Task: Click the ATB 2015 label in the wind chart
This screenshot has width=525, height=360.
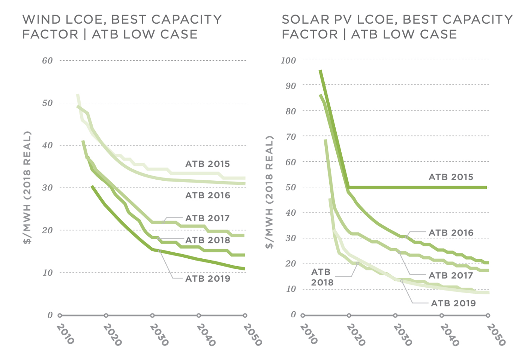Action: pyautogui.click(x=207, y=164)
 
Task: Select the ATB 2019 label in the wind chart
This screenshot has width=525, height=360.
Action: pyautogui.click(x=207, y=279)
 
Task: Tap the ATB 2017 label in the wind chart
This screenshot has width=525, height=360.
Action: pyautogui.click(x=207, y=218)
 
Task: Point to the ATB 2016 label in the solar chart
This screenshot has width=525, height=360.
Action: pyautogui.click(x=451, y=233)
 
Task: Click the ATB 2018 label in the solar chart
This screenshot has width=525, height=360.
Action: pyautogui.click(x=321, y=277)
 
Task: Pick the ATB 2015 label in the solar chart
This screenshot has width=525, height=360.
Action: pyautogui.click(x=451, y=177)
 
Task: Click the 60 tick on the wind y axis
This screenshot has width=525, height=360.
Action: pyautogui.click(x=47, y=61)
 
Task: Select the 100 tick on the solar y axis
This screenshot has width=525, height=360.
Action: pyautogui.click(x=288, y=60)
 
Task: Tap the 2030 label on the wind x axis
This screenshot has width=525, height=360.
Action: pyautogui.click(x=159, y=334)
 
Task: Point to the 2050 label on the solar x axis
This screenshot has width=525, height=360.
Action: pyautogui.click(x=496, y=334)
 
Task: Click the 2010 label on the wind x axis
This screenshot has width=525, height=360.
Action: pyautogui.click(x=65, y=334)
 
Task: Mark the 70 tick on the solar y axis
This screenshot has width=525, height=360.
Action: pyautogui.click(x=290, y=137)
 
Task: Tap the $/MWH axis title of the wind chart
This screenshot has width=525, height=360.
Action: pyautogui.click(x=27, y=187)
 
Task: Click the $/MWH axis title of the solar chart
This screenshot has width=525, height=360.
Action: pyautogui.click(x=269, y=192)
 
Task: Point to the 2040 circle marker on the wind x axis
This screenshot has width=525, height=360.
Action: pyautogui.click(x=199, y=315)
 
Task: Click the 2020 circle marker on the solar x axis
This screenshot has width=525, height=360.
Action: pyautogui.click(x=349, y=315)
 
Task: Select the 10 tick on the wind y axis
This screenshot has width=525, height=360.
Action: pyautogui.click(x=47, y=273)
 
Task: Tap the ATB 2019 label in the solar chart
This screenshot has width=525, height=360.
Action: pyautogui.click(x=453, y=303)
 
